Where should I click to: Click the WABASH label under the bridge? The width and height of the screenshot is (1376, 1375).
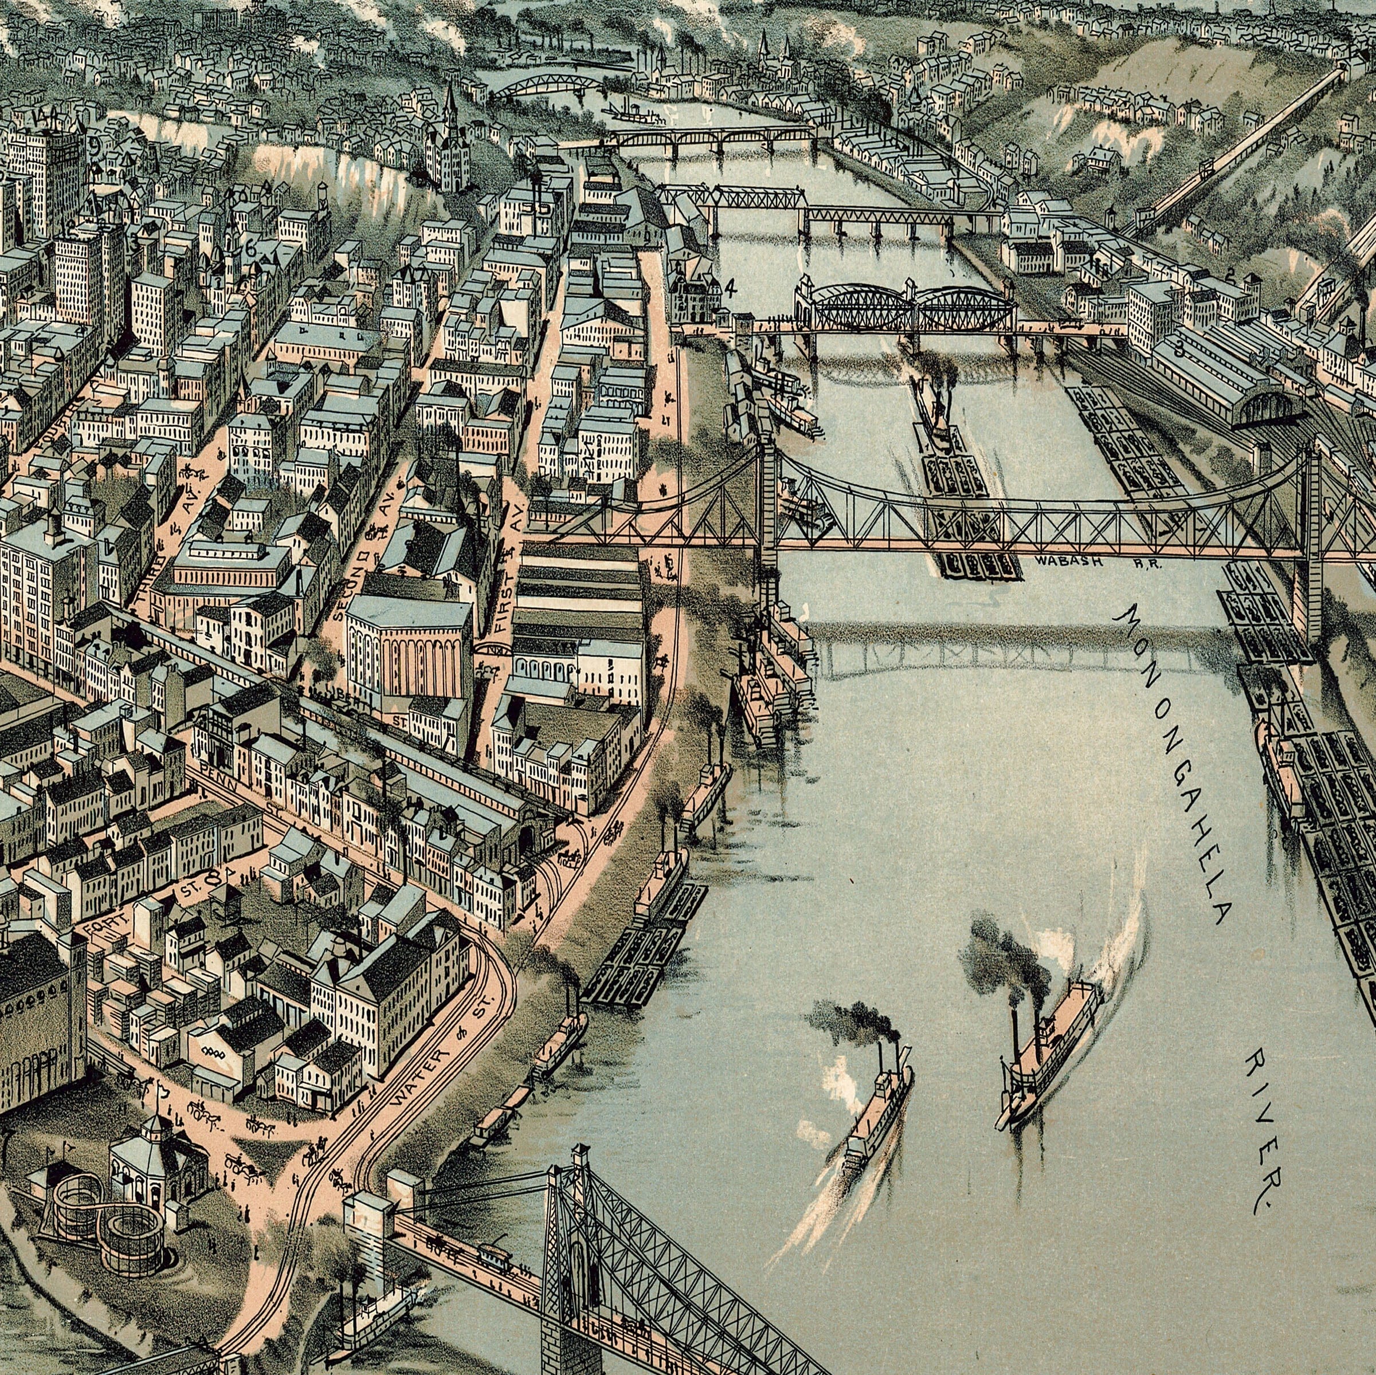pos(1068,561)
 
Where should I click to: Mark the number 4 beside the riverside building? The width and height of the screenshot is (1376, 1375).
pos(730,288)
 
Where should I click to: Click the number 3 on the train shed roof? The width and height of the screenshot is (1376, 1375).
pos(1179,349)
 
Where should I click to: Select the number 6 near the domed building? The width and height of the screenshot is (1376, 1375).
pos(250,249)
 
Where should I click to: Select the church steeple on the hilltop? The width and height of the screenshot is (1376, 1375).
pos(449,107)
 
